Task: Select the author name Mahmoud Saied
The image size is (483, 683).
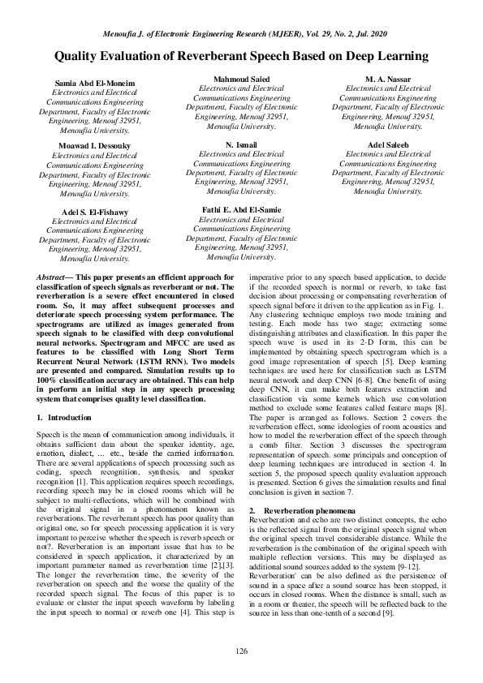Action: (x=241, y=79)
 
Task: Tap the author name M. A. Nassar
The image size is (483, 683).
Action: (x=387, y=79)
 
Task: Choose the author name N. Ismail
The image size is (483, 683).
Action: (x=241, y=144)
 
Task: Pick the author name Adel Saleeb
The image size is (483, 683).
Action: (x=387, y=144)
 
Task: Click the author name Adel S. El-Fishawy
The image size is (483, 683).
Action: (x=90, y=211)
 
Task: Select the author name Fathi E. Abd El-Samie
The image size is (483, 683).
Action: (x=241, y=210)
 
